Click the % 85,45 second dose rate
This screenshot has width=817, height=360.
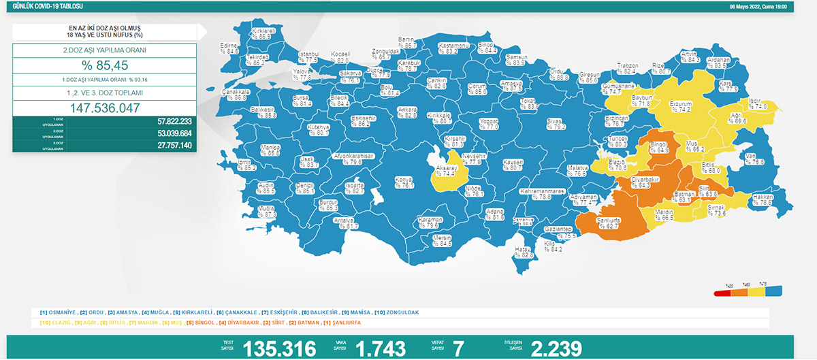point(105,66)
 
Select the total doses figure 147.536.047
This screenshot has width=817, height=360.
point(105,108)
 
